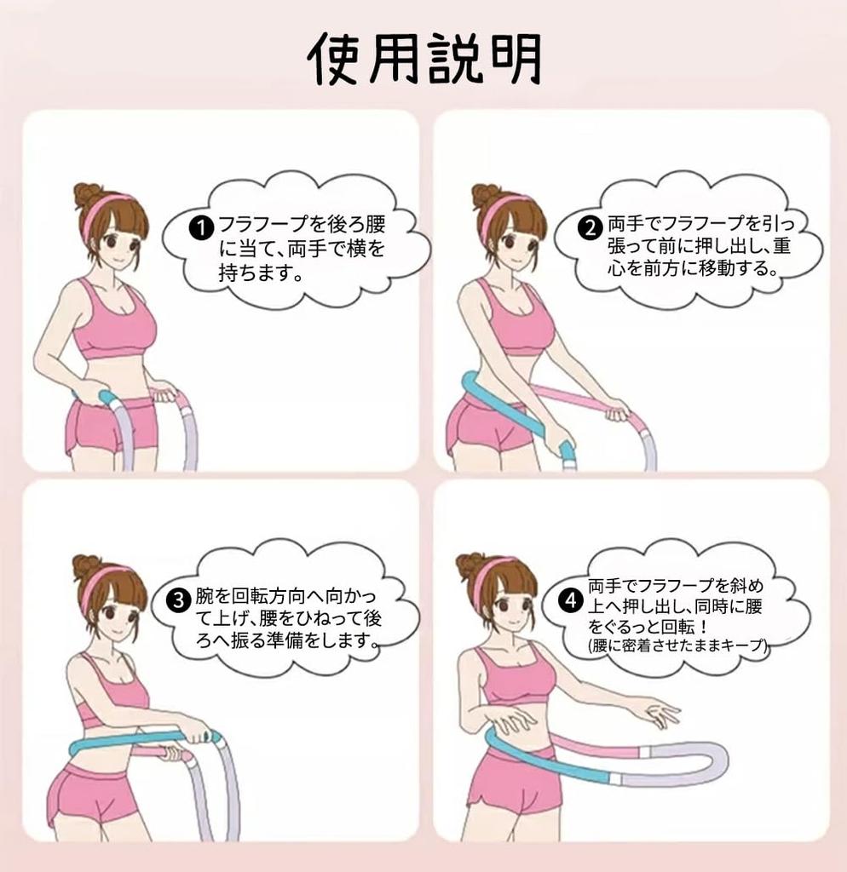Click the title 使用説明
(x=424, y=59)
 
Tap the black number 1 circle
(x=201, y=228)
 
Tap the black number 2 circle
(x=590, y=227)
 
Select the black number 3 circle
(x=179, y=600)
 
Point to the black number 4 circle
(x=571, y=600)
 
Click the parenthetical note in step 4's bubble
(x=677, y=645)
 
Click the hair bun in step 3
(x=86, y=567)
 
